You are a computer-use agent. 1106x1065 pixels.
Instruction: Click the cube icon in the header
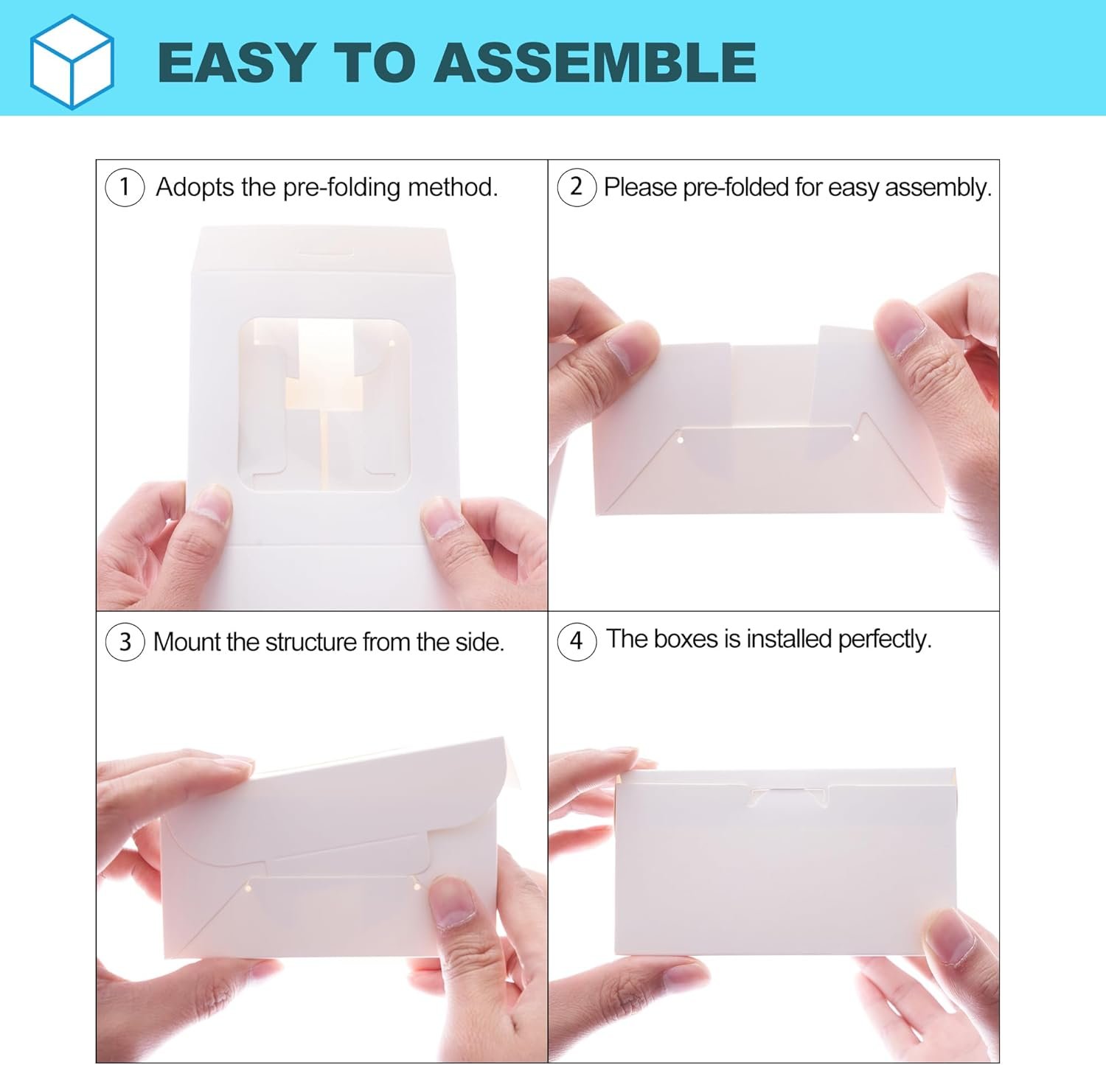pos(72,61)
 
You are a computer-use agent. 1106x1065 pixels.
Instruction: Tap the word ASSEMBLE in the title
pos(595,62)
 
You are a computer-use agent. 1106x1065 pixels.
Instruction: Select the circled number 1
pos(125,187)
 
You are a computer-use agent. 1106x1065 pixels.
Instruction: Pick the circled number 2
pos(577,187)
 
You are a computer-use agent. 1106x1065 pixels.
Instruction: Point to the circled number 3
pos(125,642)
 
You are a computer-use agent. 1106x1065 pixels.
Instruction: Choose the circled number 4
pos(577,640)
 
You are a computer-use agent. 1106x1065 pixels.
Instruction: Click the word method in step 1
pos(453,187)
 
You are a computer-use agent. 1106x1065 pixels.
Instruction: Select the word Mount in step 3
pos(187,642)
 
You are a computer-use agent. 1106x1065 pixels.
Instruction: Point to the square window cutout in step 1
pos(325,405)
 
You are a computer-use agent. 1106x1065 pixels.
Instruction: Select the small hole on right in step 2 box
pos(856,439)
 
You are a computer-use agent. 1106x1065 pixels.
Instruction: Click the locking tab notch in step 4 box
pos(788,796)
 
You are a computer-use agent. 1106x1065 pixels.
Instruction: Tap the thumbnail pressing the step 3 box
pos(451,902)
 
